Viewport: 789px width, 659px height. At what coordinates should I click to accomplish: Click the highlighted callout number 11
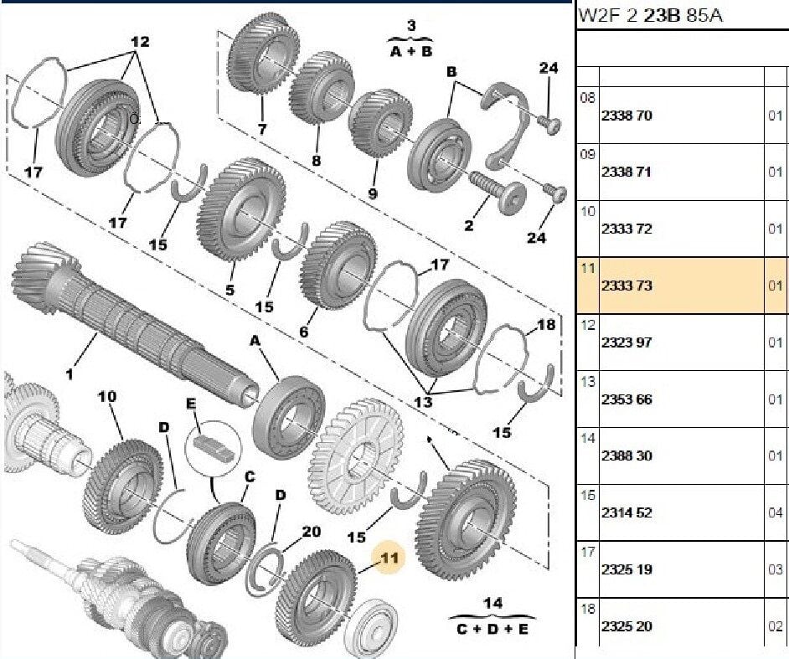[x=388, y=557]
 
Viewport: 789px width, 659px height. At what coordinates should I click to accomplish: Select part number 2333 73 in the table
[x=627, y=286]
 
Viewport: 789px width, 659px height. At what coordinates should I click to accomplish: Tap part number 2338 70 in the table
[x=627, y=116]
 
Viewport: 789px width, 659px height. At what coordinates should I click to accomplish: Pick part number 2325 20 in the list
[x=627, y=626]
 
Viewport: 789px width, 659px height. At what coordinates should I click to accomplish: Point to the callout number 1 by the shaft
[x=70, y=375]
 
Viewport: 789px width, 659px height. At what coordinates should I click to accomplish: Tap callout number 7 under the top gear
[x=262, y=129]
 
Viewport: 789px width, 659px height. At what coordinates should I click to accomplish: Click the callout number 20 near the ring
[x=311, y=532]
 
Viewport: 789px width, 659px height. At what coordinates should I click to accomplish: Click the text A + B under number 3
[x=410, y=50]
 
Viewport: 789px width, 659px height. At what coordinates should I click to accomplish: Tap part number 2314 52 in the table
[x=627, y=512]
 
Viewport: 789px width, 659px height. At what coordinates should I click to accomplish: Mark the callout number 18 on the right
[x=545, y=324]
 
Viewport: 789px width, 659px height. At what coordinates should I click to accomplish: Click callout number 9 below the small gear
[x=372, y=194]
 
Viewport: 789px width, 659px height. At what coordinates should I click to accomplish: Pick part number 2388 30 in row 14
[x=627, y=456]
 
